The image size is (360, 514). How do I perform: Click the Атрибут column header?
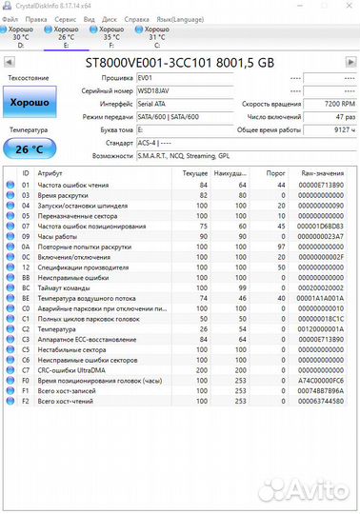[x=50, y=173]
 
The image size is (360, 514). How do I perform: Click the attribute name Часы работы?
[x=58, y=234]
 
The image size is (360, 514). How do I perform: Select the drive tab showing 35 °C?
[x=106, y=35]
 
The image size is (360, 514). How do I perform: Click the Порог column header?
[x=276, y=173]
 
